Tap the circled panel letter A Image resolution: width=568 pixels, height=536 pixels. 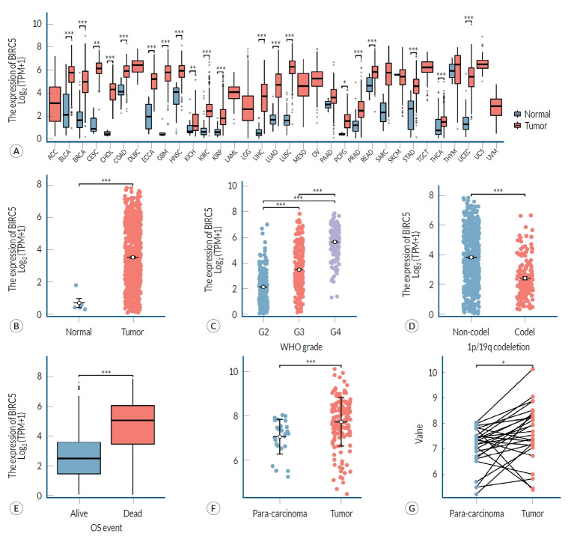(13, 150)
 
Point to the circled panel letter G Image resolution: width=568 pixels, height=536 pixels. (410, 506)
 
